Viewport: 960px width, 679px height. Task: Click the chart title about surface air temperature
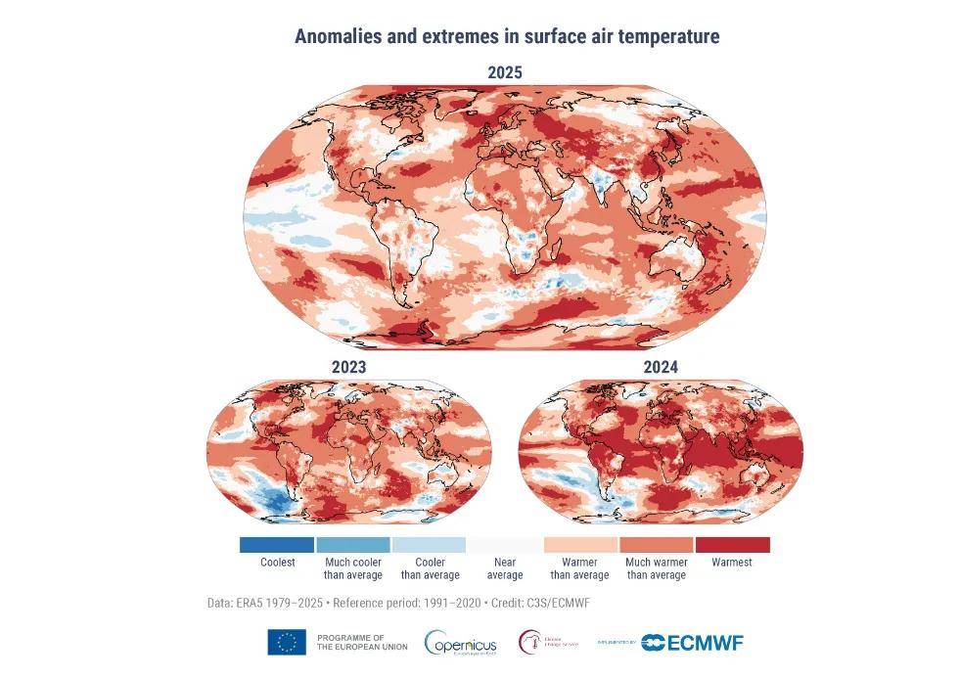point(507,37)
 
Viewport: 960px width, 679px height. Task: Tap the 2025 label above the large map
point(505,72)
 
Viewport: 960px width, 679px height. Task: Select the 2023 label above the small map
point(348,368)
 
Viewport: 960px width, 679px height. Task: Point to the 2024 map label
point(661,368)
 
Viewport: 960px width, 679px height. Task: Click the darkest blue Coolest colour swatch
point(277,544)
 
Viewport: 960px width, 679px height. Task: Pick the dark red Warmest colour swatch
point(732,544)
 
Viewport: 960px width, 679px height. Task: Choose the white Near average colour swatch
point(505,544)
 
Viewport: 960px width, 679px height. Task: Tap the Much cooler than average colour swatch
point(352,544)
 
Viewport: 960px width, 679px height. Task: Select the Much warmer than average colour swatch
point(657,544)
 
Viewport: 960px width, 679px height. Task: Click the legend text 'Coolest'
point(277,563)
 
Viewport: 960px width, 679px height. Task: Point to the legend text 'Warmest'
point(732,563)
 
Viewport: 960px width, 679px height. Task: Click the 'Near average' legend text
point(505,568)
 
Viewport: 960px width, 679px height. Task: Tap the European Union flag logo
point(287,642)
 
